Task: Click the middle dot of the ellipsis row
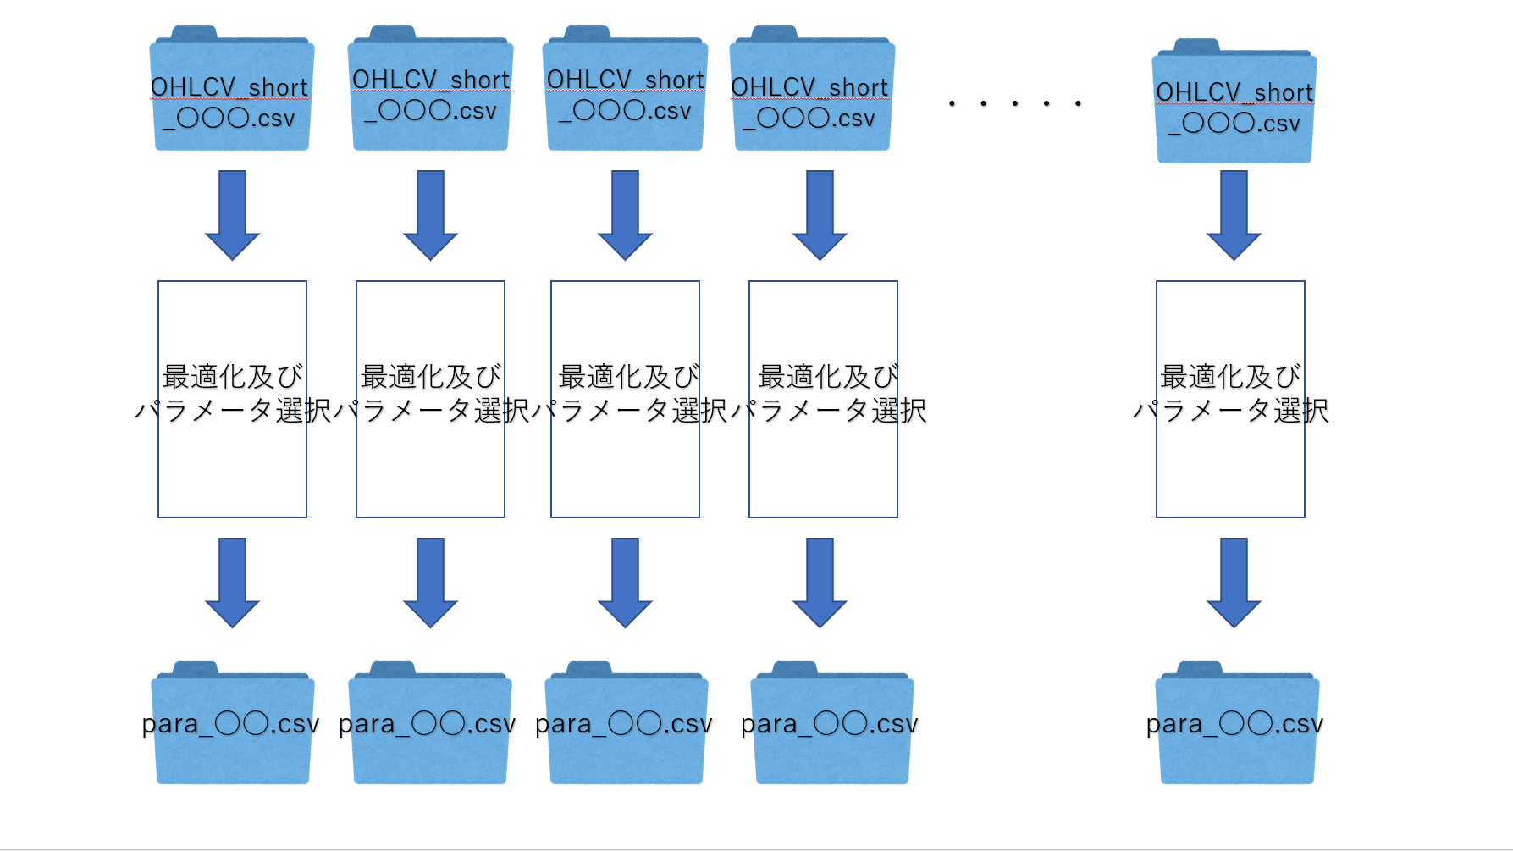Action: point(1015,103)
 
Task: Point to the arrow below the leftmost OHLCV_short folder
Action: point(232,215)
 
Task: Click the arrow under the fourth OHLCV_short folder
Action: point(820,215)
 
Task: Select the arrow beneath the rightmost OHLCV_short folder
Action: point(1234,215)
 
